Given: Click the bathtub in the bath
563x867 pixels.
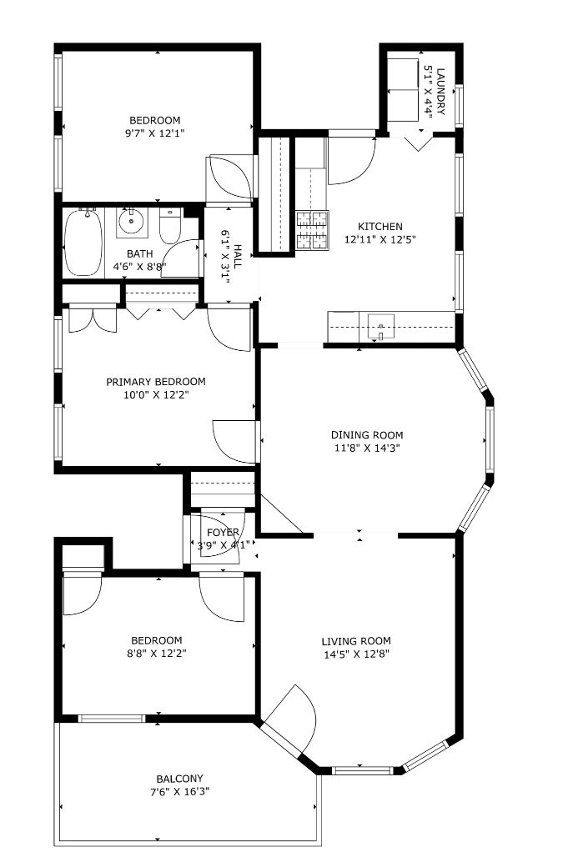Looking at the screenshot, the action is pos(83,242).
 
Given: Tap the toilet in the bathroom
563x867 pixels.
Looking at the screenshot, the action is pos(170,225).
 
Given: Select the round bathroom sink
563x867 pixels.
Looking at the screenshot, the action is pos(131,223).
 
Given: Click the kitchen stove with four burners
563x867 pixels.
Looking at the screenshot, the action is pos(313,230).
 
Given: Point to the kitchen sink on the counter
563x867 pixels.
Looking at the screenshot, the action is pos(382,326).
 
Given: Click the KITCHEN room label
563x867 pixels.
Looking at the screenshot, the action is pos(380,226).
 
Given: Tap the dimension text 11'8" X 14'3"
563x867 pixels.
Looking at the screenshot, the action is pos(367,448).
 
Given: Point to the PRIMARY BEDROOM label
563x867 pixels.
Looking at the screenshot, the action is pos(156,382).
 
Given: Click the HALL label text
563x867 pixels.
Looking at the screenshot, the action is pos(238,257).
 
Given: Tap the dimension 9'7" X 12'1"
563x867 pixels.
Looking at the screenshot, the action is pos(155,133).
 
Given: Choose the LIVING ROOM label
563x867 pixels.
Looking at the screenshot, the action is pos(356,641).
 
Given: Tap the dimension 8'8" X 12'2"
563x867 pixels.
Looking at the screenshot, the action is pos(157,654).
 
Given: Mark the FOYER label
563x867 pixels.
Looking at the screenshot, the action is pos(223,532).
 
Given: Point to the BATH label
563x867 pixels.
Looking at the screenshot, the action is pos(140,253).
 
